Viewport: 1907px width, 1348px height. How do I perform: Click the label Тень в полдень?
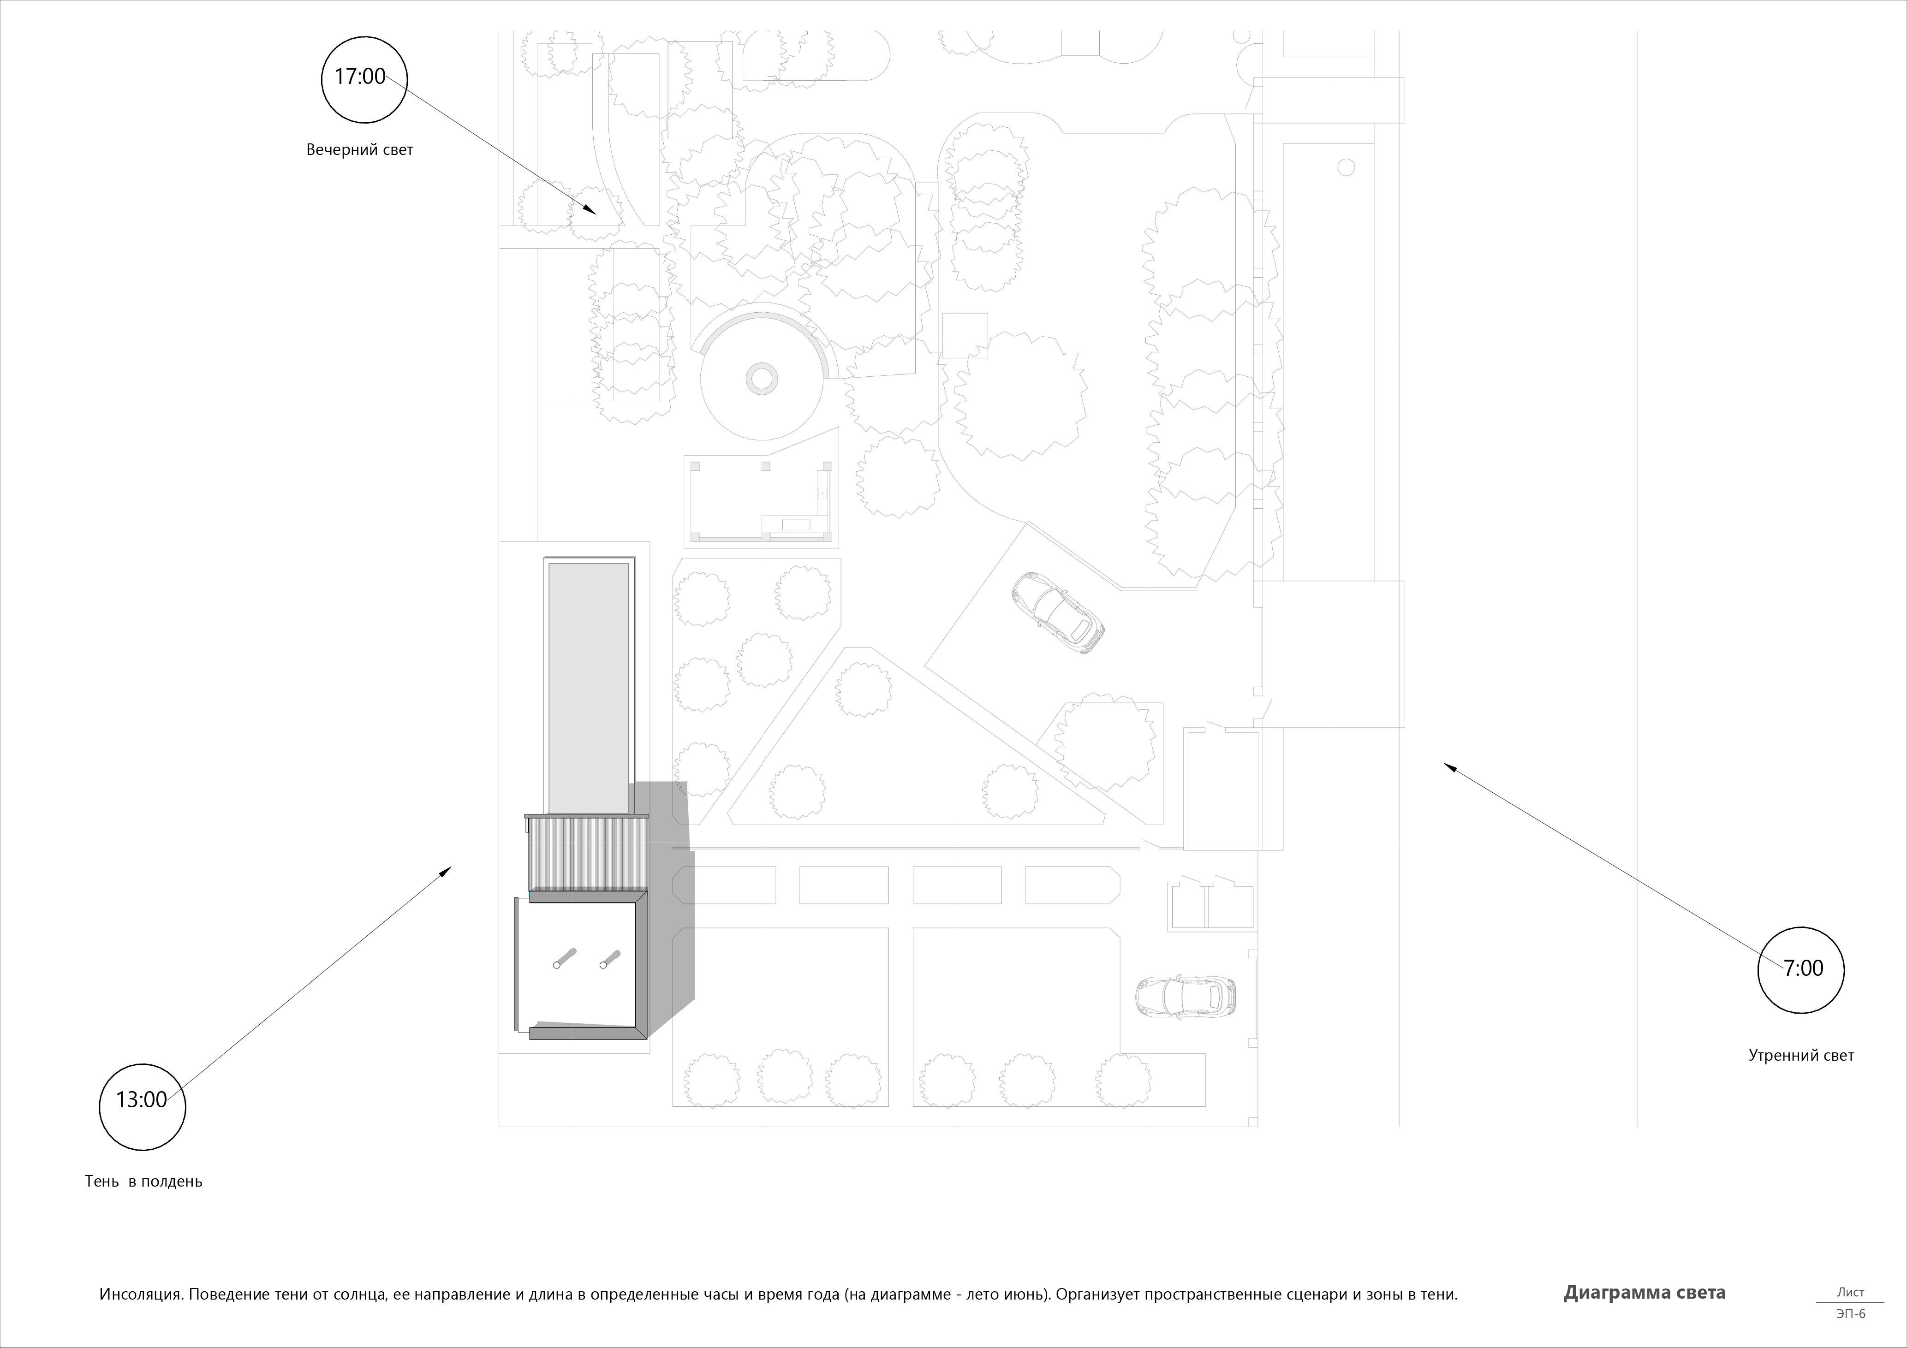tap(143, 1181)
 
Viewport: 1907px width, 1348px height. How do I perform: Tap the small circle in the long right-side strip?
tap(1347, 168)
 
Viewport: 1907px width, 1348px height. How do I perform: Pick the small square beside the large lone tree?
tap(965, 336)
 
